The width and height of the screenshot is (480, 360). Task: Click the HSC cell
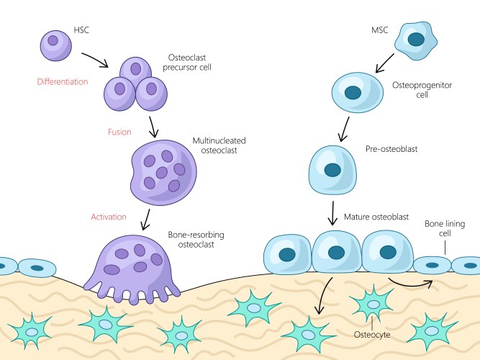54,44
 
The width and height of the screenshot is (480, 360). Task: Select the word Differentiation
63,82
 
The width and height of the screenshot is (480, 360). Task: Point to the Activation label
109,216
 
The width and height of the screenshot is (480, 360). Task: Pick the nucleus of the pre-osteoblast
332,170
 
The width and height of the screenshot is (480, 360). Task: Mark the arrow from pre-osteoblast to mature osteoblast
333,212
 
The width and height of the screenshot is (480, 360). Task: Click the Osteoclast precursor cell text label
186,62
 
